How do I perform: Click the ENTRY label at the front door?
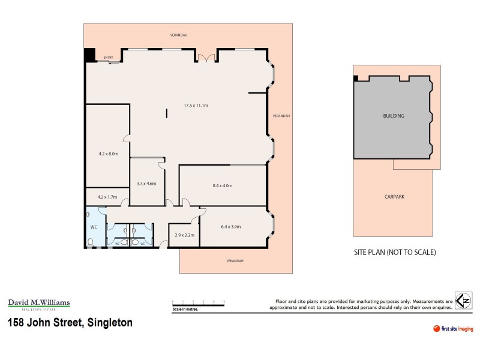pyautogui.click(x=108, y=58)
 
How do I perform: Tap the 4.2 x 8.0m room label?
pyautogui.click(x=108, y=154)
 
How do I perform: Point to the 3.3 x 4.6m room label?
pyautogui.click(x=146, y=184)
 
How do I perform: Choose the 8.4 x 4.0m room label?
pyautogui.click(x=222, y=186)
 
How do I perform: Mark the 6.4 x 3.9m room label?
pyautogui.click(x=231, y=227)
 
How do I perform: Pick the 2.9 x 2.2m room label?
pyautogui.click(x=184, y=235)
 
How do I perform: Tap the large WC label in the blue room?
pyautogui.click(x=94, y=227)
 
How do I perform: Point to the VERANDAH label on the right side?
pyautogui.click(x=281, y=116)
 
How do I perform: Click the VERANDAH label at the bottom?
pyautogui.click(x=235, y=261)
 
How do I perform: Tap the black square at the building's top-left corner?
pyautogui.click(x=89, y=54)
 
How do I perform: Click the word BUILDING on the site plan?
pyautogui.click(x=393, y=116)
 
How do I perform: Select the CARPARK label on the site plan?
pyautogui.click(x=395, y=196)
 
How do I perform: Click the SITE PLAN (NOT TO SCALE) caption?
pyautogui.click(x=394, y=252)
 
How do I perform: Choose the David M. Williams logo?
pyautogui.click(x=39, y=304)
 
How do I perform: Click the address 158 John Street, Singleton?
pyautogui.click(x=70, y=323)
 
